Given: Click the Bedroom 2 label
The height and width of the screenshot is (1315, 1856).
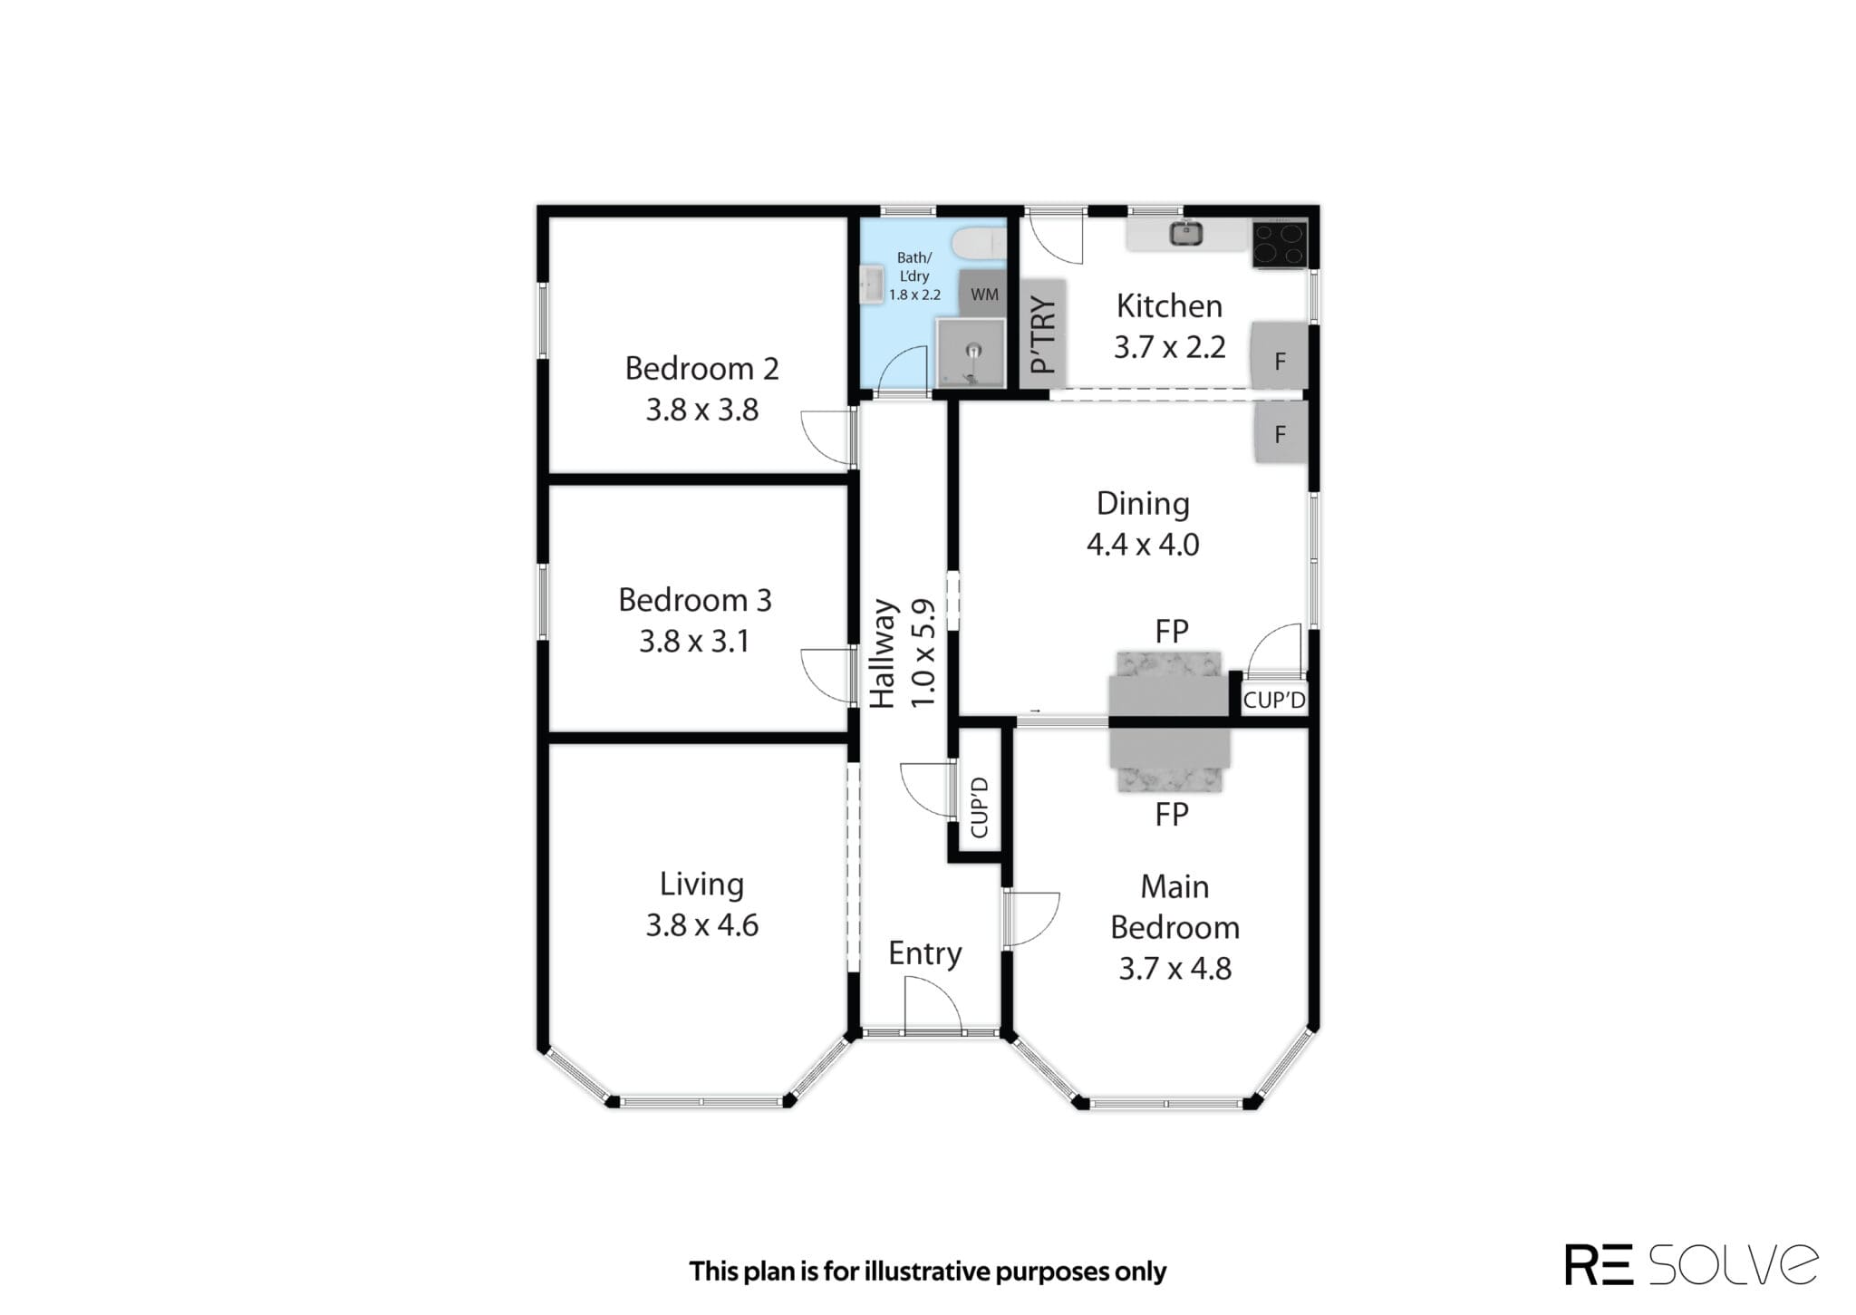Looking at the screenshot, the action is [701, 369].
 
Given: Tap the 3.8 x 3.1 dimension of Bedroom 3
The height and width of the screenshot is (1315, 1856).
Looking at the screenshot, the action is [694, 642].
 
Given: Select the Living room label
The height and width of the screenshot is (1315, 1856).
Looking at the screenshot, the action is [701, 885].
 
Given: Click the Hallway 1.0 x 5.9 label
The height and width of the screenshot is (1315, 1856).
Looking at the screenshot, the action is [901, 653].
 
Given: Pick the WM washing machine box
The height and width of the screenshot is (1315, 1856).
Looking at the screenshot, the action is [983, 294].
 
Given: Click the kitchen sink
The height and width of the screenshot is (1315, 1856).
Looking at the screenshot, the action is [1185, 234].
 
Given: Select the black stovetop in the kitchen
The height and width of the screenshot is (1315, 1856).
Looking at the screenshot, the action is [1280, 244].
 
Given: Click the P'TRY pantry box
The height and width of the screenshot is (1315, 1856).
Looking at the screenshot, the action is [1043, 334].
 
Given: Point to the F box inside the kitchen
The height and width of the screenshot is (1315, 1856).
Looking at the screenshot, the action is [1279, 355].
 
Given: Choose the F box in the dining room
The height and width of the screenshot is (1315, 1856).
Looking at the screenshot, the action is [1281, 432].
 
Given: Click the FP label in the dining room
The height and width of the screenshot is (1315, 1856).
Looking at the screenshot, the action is [1171, 631].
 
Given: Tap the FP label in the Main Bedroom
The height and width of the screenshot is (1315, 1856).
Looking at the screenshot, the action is [1171, 815].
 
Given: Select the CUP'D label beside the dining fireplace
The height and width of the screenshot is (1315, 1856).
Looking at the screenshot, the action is [1274, 700].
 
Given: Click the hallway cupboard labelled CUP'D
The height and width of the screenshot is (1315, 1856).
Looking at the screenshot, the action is [980, 807].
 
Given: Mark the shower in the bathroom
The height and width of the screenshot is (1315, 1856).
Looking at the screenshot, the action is [971, 353].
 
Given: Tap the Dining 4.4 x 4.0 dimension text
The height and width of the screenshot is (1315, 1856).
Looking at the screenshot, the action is [1143, 545].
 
